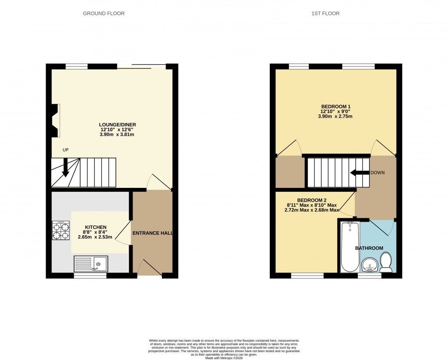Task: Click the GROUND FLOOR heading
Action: tap(104, 14)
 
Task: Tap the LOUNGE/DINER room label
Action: tap(117, 125)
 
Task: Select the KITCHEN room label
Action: tap(95, 227)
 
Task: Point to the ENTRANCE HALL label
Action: tap(152, 233)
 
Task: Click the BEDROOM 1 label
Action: tap(336, 107)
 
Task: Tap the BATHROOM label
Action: tap(369, 248)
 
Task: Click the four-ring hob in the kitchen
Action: tap(61, 230)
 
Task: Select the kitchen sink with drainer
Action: tap(90, 264)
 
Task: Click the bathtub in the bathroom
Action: tap(350, 247)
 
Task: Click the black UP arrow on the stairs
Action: tap(65, 167)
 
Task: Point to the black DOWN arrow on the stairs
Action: tap(359, 173)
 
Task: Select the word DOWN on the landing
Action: tap(377, 173)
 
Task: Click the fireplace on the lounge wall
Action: tap(55, 121)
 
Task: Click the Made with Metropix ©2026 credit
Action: tap(224, 358)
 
